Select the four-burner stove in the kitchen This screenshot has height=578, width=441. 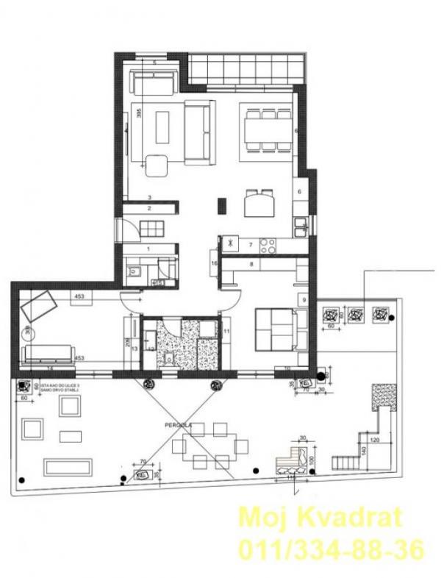268,245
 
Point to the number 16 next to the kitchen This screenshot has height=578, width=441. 214,263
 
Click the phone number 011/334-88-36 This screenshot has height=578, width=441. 329,549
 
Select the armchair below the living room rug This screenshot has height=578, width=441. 156,165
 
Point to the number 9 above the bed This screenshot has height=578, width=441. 303,299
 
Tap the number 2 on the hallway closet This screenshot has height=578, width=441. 148,209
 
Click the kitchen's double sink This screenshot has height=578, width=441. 301,227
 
